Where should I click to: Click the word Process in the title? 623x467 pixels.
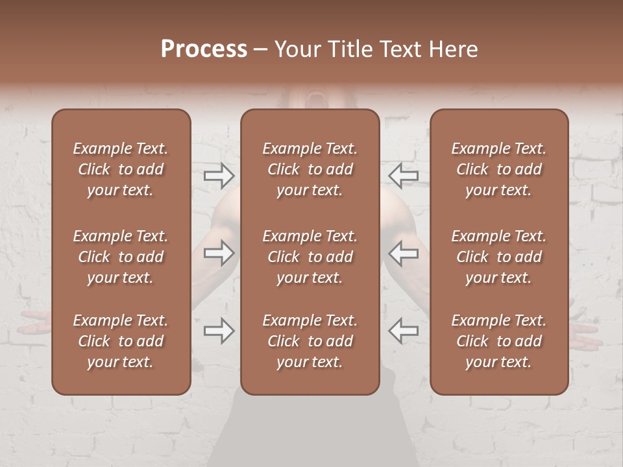tap(204, 49)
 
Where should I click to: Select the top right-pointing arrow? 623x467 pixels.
tap(219, 175)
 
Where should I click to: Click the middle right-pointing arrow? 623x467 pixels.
tap(219, 254)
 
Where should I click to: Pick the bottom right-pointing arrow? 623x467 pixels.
tap(219, 331)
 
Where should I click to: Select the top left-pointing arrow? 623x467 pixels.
tap(403, 175)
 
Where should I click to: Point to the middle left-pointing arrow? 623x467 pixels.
tap(403, 254)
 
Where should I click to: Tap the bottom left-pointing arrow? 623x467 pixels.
tap(403, 331)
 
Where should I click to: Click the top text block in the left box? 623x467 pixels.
tap(121, 169)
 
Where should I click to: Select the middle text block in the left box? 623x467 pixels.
tap(121, 257)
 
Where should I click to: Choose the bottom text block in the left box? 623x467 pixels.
tap(121, 341)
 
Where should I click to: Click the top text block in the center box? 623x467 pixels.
tap(310, 169)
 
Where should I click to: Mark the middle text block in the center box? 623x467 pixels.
tap(310, 257)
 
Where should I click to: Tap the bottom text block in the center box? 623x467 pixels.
tap(310, 341)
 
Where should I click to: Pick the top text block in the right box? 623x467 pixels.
tap(499, 169)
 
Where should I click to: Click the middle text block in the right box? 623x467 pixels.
tap(499, 257)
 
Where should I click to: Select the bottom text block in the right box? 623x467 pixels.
tap(499, 341)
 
